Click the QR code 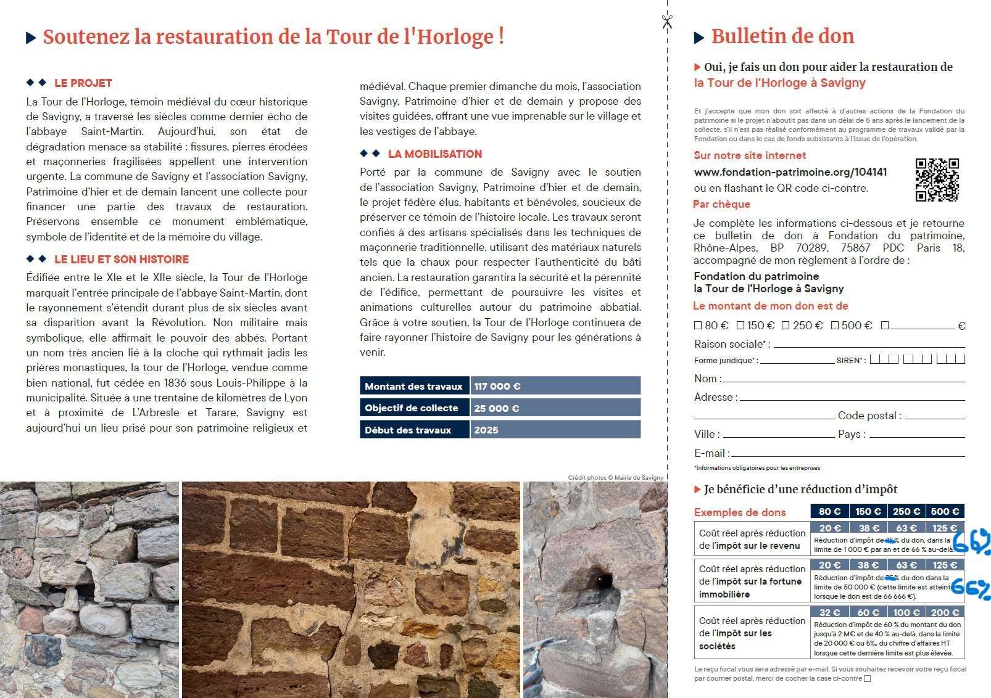[937, 180]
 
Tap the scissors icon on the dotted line [666, 22]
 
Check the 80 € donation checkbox [698, 326]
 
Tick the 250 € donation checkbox [786, 326]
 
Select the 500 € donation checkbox [835, 326]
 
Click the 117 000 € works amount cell [555, 386]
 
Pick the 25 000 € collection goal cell [555, 408]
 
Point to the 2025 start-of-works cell [555, 430]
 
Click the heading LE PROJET [83, 83]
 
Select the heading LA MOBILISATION [434, 154]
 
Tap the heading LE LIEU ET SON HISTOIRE [121, 260]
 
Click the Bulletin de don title [782, 36]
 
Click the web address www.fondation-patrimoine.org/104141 [790, 173]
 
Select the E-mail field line [847, 455]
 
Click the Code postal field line [934, 417]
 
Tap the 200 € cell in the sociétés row [945, 612]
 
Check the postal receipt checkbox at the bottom [868, 679]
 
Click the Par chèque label [721, 204]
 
